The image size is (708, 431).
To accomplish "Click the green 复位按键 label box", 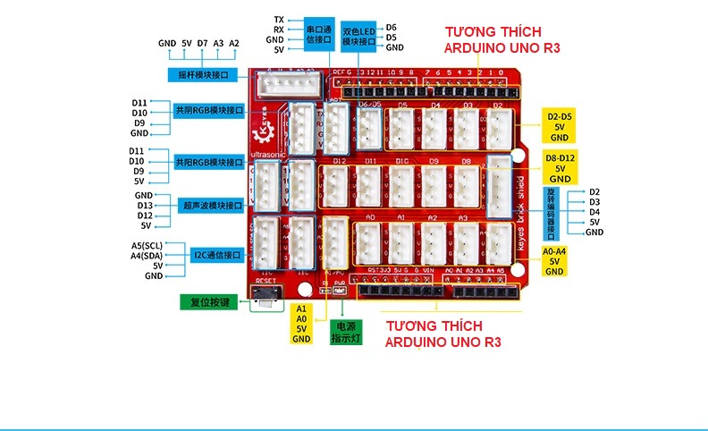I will click(210, 302).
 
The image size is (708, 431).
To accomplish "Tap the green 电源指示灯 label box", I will click(345, 332).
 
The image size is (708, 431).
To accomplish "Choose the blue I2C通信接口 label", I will click(218, 255).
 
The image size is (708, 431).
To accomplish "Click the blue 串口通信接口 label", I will click(318, 34).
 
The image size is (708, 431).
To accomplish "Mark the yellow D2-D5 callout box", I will click(560, 127).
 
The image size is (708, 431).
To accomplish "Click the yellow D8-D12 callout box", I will click(560, 168).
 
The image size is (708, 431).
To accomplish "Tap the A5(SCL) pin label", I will click(147, 245).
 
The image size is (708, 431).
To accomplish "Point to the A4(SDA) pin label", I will click(147, 256).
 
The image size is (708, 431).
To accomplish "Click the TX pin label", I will click(279, 19).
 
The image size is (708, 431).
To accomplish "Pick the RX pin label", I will click(279, 30).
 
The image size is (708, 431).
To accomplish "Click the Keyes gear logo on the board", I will click(263, 133).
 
